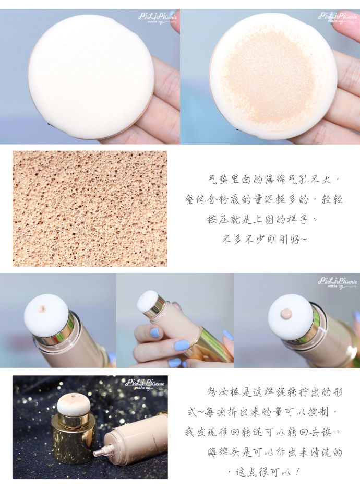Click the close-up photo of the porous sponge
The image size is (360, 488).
90,209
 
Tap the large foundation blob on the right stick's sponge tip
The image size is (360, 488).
286,313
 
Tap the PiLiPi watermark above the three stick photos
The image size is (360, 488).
338,282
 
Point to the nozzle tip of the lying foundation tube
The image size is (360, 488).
99,452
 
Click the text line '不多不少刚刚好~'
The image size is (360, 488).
265,240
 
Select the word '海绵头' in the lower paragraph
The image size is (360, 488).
223,453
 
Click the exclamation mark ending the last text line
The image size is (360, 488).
297,473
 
